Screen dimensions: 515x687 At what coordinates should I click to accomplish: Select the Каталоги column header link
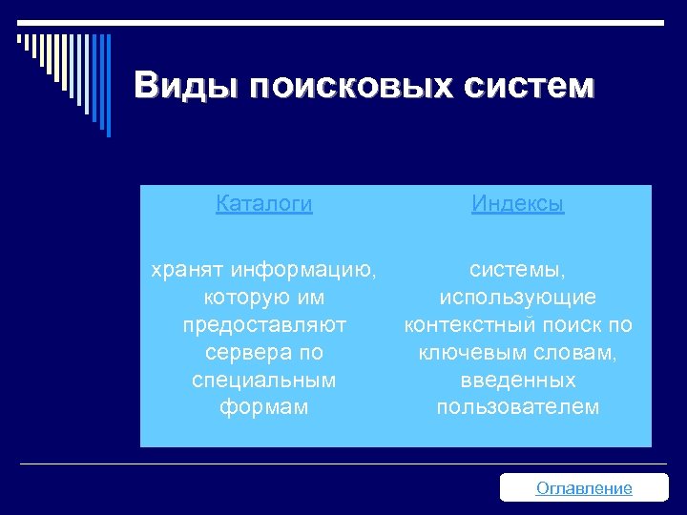pyautogui.click(x=264, y=204)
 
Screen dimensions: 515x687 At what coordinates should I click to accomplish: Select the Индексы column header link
pyautogui.click(x=518, y=204)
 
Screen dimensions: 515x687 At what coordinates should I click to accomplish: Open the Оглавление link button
pyautogui.click(x=584, y=488)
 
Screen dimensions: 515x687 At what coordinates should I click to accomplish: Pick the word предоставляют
pyautogui.click(x=264, y=325)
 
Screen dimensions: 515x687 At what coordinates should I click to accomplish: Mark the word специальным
pyautogui.click(x=264, y=380)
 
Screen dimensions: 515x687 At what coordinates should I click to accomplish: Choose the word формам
pyautogui.click(x=264, y=407)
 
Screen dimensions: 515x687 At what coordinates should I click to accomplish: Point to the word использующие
pyautogui.click(x=518, y=299)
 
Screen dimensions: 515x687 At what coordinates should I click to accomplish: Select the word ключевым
pyautogui.click(x=466, y=353)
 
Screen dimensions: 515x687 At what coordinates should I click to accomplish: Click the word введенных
pyautogui.click(x=518, y=380)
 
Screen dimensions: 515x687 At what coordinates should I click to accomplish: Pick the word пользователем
pyautogui.click(x=518, y=407)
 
